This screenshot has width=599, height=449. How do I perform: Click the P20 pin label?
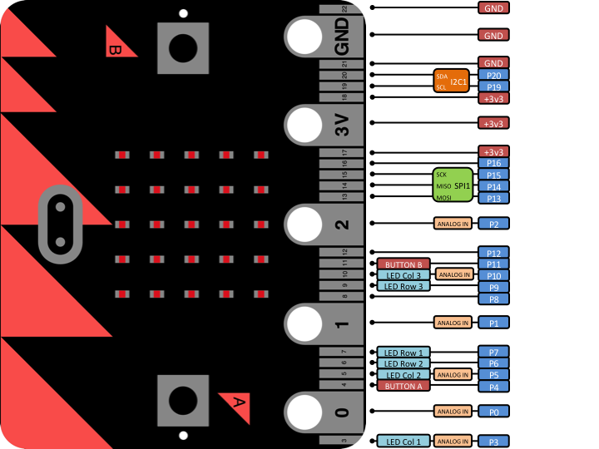point(493,75)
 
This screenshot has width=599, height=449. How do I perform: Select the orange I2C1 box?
point(451,81)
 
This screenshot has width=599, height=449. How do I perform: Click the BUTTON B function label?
point(403,264)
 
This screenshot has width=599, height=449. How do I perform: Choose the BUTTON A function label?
point(403,386)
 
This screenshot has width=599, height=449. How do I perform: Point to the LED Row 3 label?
point(403,286)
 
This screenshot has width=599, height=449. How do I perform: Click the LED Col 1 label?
point(403,441)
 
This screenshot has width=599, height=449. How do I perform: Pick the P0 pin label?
point(493,411)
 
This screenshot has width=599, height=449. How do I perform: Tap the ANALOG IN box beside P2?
point(453,224)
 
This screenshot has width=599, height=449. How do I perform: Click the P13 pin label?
point(493,198)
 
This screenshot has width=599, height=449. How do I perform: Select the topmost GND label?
point(493,7)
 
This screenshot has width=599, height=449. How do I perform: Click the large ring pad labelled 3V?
point(304,125)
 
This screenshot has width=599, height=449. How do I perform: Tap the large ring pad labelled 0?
point(304,411)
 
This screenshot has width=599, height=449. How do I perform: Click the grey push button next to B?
point(182,47)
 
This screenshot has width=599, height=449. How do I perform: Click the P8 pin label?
point(493,299)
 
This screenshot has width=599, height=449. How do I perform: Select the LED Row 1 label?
point(403,353)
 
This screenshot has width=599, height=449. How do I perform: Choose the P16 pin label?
point(493,163)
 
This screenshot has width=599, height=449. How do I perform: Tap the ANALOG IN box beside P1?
point(453,323)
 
